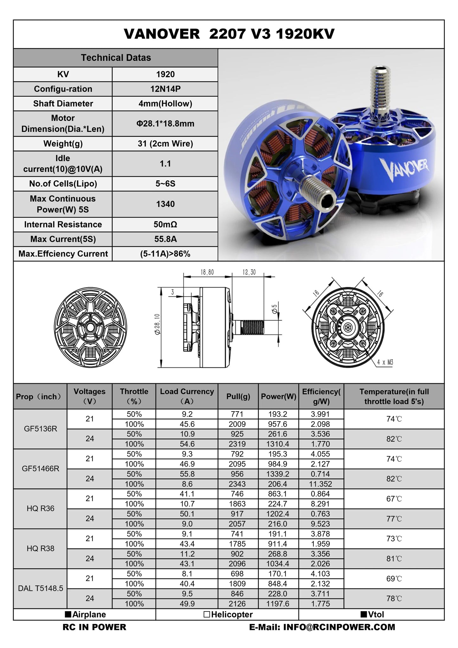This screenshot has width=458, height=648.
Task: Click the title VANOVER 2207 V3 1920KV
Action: coord(229,34)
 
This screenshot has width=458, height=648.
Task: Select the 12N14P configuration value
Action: coord(165,89)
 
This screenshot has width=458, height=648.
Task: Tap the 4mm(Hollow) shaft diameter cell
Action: coord(165,104)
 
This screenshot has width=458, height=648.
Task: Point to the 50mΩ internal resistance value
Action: coord(165,224)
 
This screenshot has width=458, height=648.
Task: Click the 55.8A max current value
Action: coord(165,239)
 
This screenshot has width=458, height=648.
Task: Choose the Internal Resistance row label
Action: coord(63,224)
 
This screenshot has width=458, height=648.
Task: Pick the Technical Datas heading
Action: coord(116,58)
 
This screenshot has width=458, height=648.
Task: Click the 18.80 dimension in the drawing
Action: coord(207,272)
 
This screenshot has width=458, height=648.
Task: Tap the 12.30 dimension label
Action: coord(249,272)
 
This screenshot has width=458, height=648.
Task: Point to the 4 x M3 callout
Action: coord(385,362)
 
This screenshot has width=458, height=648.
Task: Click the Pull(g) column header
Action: coord(238,396)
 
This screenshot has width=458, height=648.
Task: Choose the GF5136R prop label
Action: coord(41,429)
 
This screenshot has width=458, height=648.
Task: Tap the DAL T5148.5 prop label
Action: coord(41,588)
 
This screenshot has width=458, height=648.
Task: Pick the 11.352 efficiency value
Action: coord(321,484)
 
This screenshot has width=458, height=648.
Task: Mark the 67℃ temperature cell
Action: coord(394,499)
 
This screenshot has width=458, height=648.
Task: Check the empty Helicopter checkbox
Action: coord(207,614)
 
